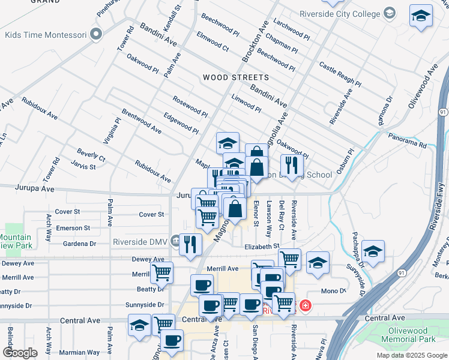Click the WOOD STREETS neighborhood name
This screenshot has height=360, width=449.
click(235, 78)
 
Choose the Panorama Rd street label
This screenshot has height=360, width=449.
click(406, 145)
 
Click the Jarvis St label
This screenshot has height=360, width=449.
click(83, 166)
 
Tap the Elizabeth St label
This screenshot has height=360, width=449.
click(262, 246)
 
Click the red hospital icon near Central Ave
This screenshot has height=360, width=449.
click(306, 306)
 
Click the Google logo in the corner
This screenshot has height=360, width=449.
click(20, 353)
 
